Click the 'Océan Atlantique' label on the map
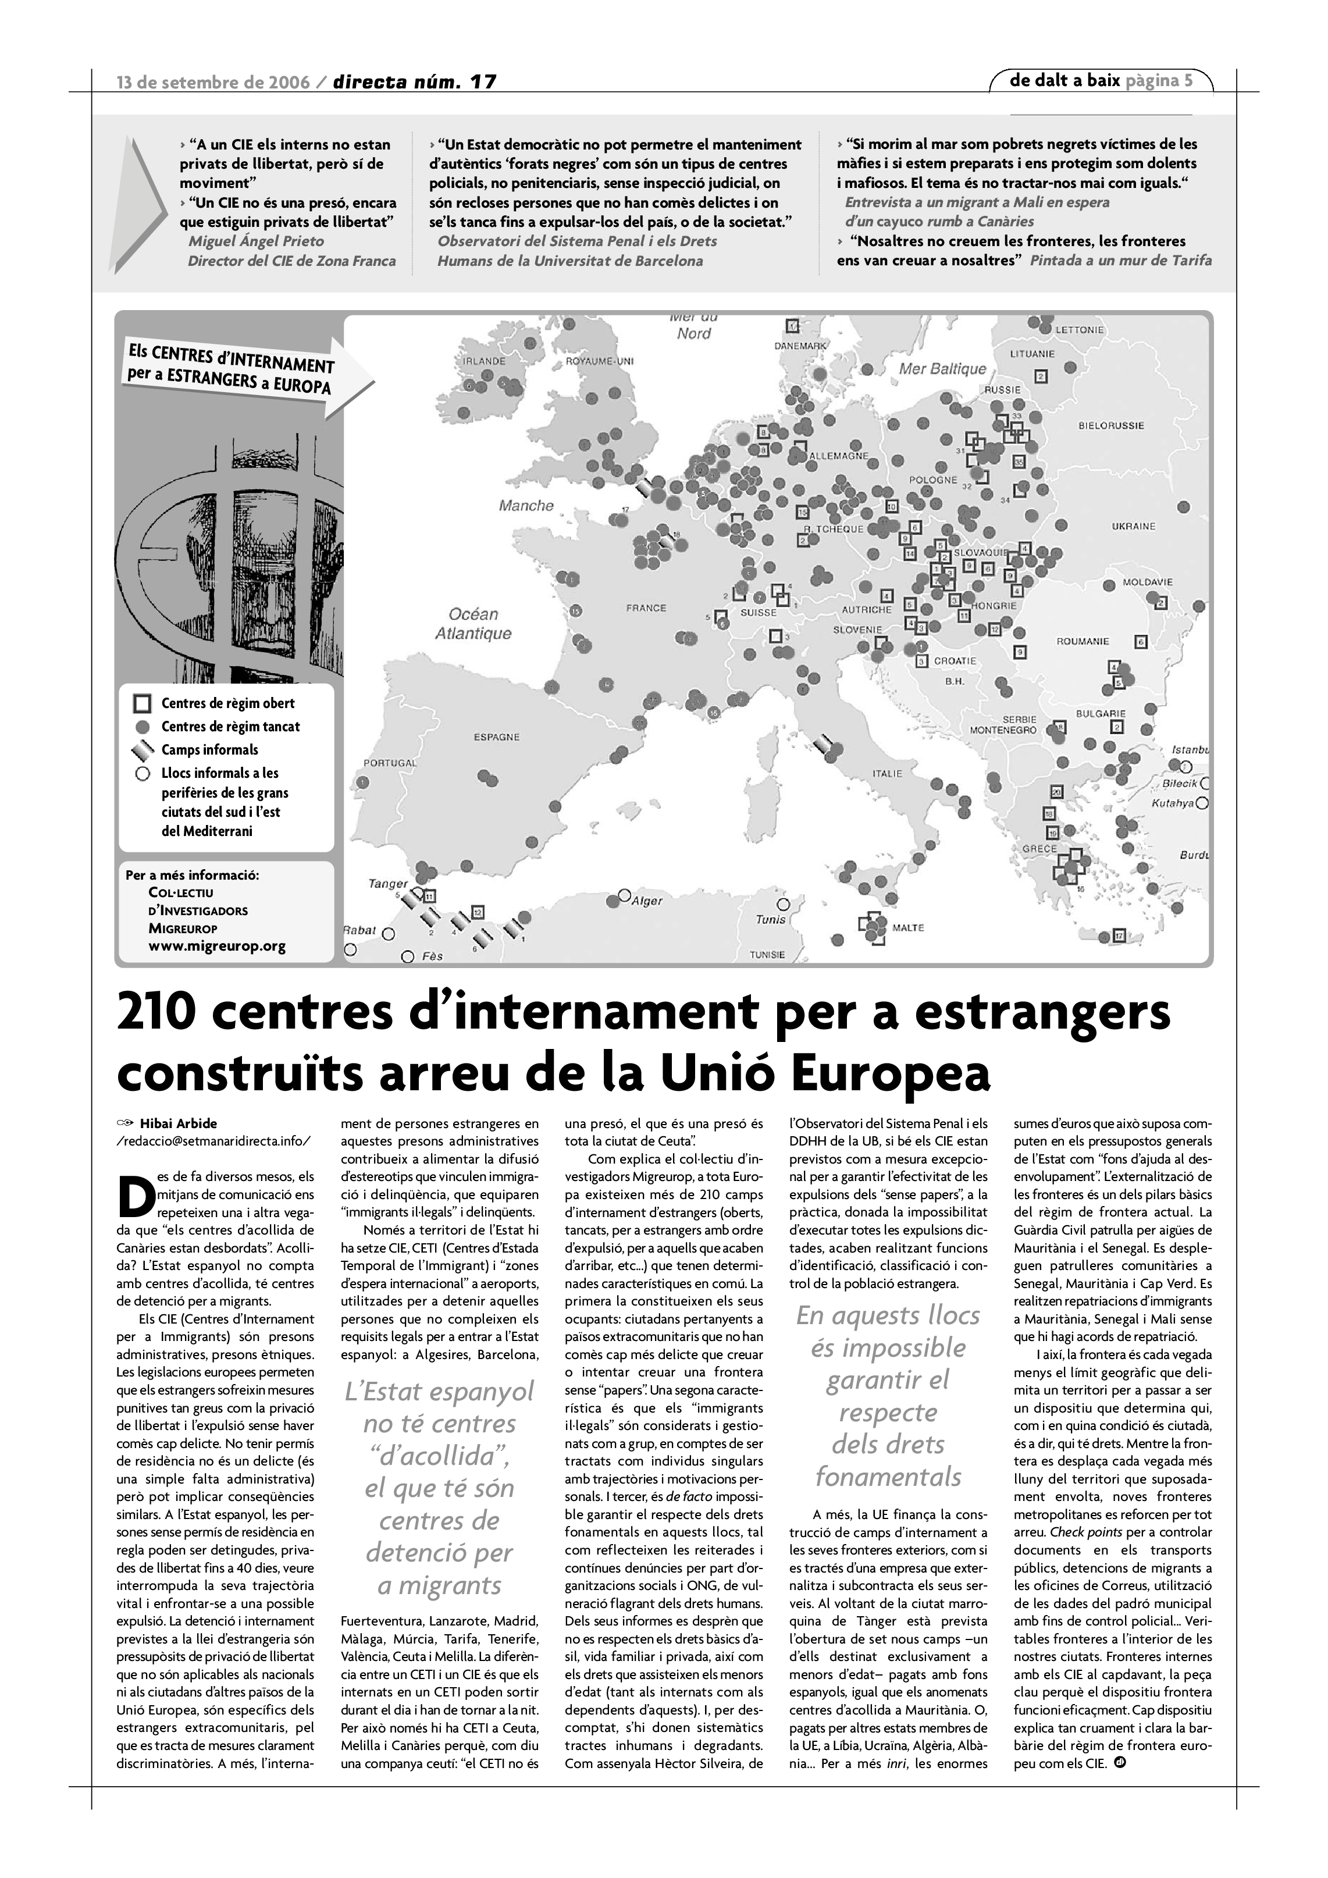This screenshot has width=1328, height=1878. click(x=473, y=623)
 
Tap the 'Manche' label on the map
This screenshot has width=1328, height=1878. click(x=526, y=506)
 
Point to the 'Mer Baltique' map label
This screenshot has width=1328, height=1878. click(x=943, y=369)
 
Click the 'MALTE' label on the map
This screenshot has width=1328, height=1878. click(x=907, y=927)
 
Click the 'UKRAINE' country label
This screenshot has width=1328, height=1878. click(x=1133, y=526)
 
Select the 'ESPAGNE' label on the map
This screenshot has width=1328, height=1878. click(x=496, y=737)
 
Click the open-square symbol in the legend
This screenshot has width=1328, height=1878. click(x=143, y=703)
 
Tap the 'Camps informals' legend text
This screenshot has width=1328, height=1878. click(x=209, y=750)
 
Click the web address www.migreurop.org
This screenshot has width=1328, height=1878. click(x=217, y=947)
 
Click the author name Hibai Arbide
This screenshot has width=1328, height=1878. click(x=178, y=1123)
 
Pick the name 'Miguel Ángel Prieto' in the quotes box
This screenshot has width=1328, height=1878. click(x=256, y=241)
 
